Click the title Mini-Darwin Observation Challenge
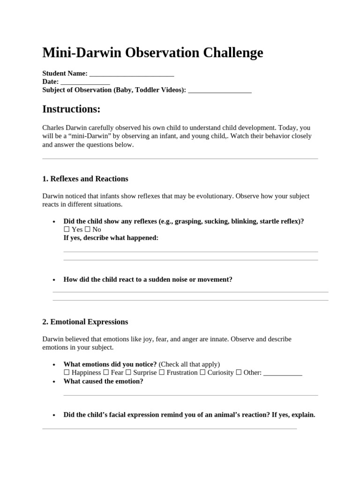153,52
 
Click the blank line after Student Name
131,74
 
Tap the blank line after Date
85,82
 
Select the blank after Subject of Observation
219,90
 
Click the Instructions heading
71,109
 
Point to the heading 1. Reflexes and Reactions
85,179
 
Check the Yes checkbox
67,230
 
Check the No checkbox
87,230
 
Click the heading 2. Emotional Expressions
85,322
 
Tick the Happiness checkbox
67,373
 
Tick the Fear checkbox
106,373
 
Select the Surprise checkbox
128,373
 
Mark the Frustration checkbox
162,373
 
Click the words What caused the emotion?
103,381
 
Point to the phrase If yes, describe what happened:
111,238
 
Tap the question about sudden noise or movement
148,279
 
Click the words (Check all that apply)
189,364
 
